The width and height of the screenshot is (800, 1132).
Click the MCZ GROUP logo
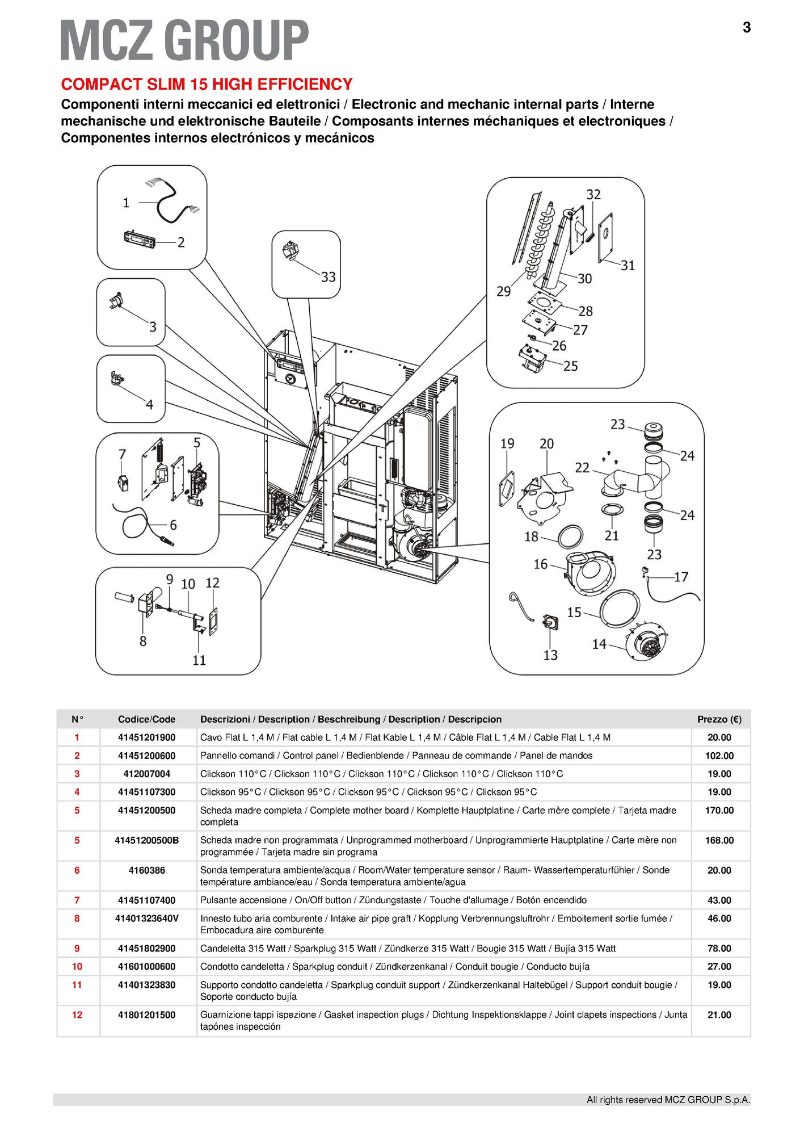coord(184,40)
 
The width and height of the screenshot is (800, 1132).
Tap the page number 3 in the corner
coord(746,27)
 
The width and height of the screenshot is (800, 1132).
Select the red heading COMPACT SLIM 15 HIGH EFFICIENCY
coord(207,84)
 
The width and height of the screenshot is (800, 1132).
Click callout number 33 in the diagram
coord(328,277)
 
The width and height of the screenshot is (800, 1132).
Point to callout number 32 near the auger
coord(593,194)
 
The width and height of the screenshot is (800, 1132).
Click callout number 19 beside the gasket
coord(507,443)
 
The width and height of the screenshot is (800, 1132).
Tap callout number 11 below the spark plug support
coord(199,660)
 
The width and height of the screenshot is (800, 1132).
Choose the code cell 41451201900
coord(147,737)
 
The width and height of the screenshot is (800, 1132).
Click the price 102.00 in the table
coord(719,756)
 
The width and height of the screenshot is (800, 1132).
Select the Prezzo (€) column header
coord(719,719)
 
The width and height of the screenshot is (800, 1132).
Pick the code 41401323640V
coord(147,918)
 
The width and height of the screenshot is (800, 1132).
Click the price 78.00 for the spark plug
coord(719,948)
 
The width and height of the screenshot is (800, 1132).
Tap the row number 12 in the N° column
coord(77,1014)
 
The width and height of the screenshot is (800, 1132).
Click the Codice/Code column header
coord(147,719)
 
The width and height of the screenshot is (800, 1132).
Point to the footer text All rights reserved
coord(668,1100)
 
